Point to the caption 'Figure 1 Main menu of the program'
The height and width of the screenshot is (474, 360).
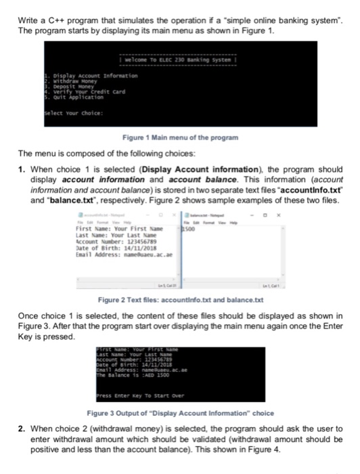tap(179, 137)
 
